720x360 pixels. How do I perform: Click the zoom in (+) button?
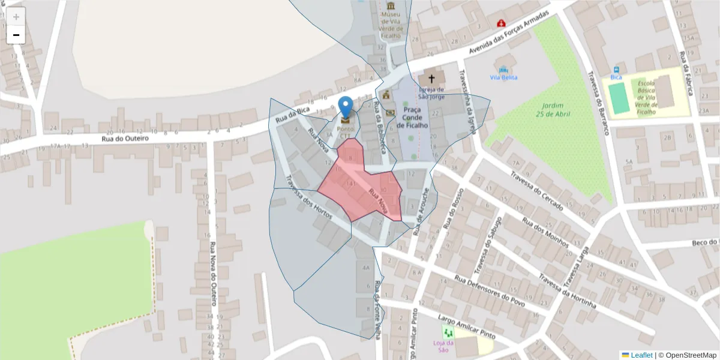pos(16,17)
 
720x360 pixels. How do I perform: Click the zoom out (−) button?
pos(16,35)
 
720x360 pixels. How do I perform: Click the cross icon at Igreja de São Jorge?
pos(431,79)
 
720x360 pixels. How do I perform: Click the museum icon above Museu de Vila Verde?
pos(391,5)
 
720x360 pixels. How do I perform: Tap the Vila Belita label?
pos(503,77)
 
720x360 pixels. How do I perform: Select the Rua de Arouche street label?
pos(422,210)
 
